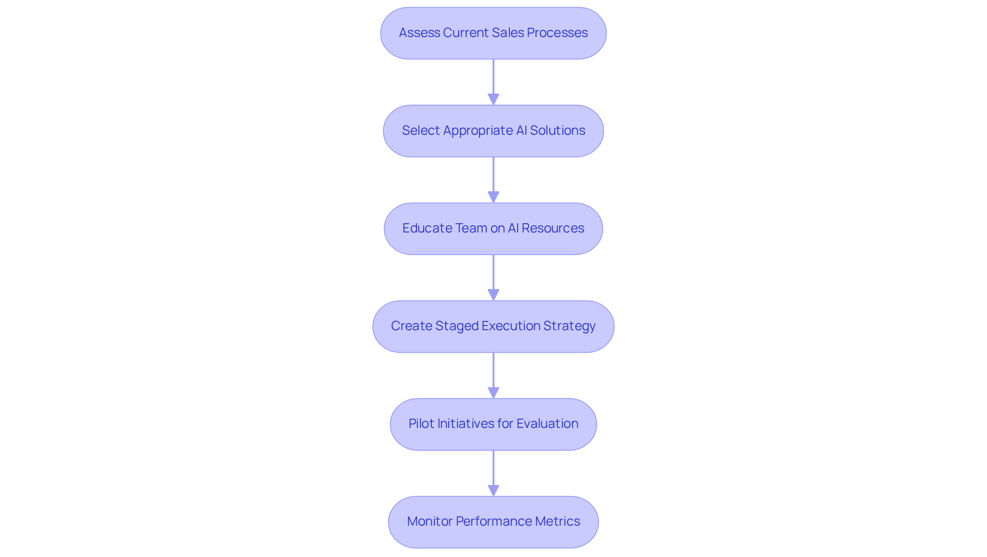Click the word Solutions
557,131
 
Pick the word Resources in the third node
553,228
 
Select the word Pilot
421,424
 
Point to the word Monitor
430,522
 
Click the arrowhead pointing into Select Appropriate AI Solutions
493,99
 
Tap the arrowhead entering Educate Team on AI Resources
493,197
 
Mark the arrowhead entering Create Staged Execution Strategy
493,295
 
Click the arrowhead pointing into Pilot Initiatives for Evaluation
493,392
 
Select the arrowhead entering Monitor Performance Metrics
493,490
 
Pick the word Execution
511,326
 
